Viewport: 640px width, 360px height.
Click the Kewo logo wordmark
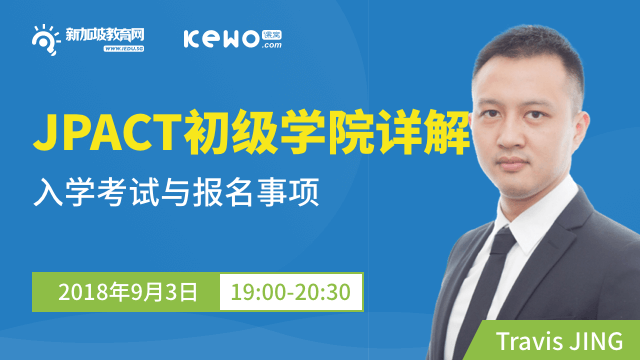pos(217,38)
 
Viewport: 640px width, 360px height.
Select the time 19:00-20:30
pos(290,293)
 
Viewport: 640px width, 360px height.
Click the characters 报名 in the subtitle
pos(241,190)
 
